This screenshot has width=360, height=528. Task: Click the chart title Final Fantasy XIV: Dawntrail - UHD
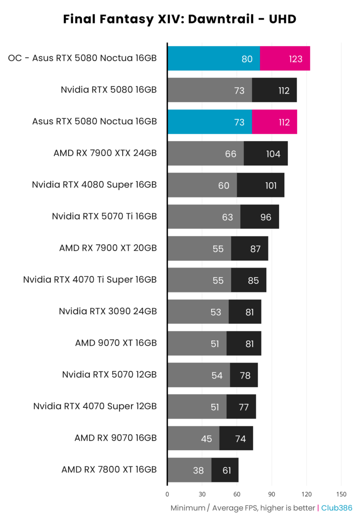pyautogui.click(x=180, y=19)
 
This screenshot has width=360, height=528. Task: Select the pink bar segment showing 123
pyautogui.click(x=285, y=59)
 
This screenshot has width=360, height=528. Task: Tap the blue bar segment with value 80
pyautogui.click(x=213, y=59)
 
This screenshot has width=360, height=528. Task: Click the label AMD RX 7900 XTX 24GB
pyautogui.click(x=105, y=153)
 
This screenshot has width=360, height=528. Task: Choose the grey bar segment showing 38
pyautogui.click(x=189, y=470)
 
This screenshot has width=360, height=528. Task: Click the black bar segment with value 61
pyautogui.click(x=225, y=470)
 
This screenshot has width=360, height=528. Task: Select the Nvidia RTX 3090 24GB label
pyautogui.click(x=107, y=312)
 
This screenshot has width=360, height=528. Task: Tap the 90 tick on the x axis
pyautogui.click(x=272, y=494)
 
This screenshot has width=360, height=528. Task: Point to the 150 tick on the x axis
pyautogui.click(x=341, y=494)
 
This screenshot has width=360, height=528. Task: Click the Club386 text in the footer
pyautogui.click(x=337, y=508)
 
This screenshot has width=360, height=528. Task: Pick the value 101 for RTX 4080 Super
pyautogui.click(x=271, y=185)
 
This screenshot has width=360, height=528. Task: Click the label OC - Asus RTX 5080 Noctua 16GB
pyautogui.click(x=82, y=58)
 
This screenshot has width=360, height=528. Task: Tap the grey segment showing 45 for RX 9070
pyautogui.click(x=193, y=439)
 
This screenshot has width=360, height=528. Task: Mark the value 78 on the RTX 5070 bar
pyautogui.click(x=245, y=375)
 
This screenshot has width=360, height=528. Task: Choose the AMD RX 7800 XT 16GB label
pyautogui.click(x=109, y=470)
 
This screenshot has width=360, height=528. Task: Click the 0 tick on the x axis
pyautogui.click(x=167, y=494)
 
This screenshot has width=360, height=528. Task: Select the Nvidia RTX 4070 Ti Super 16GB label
pyautogui.click(x=90, y=280)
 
